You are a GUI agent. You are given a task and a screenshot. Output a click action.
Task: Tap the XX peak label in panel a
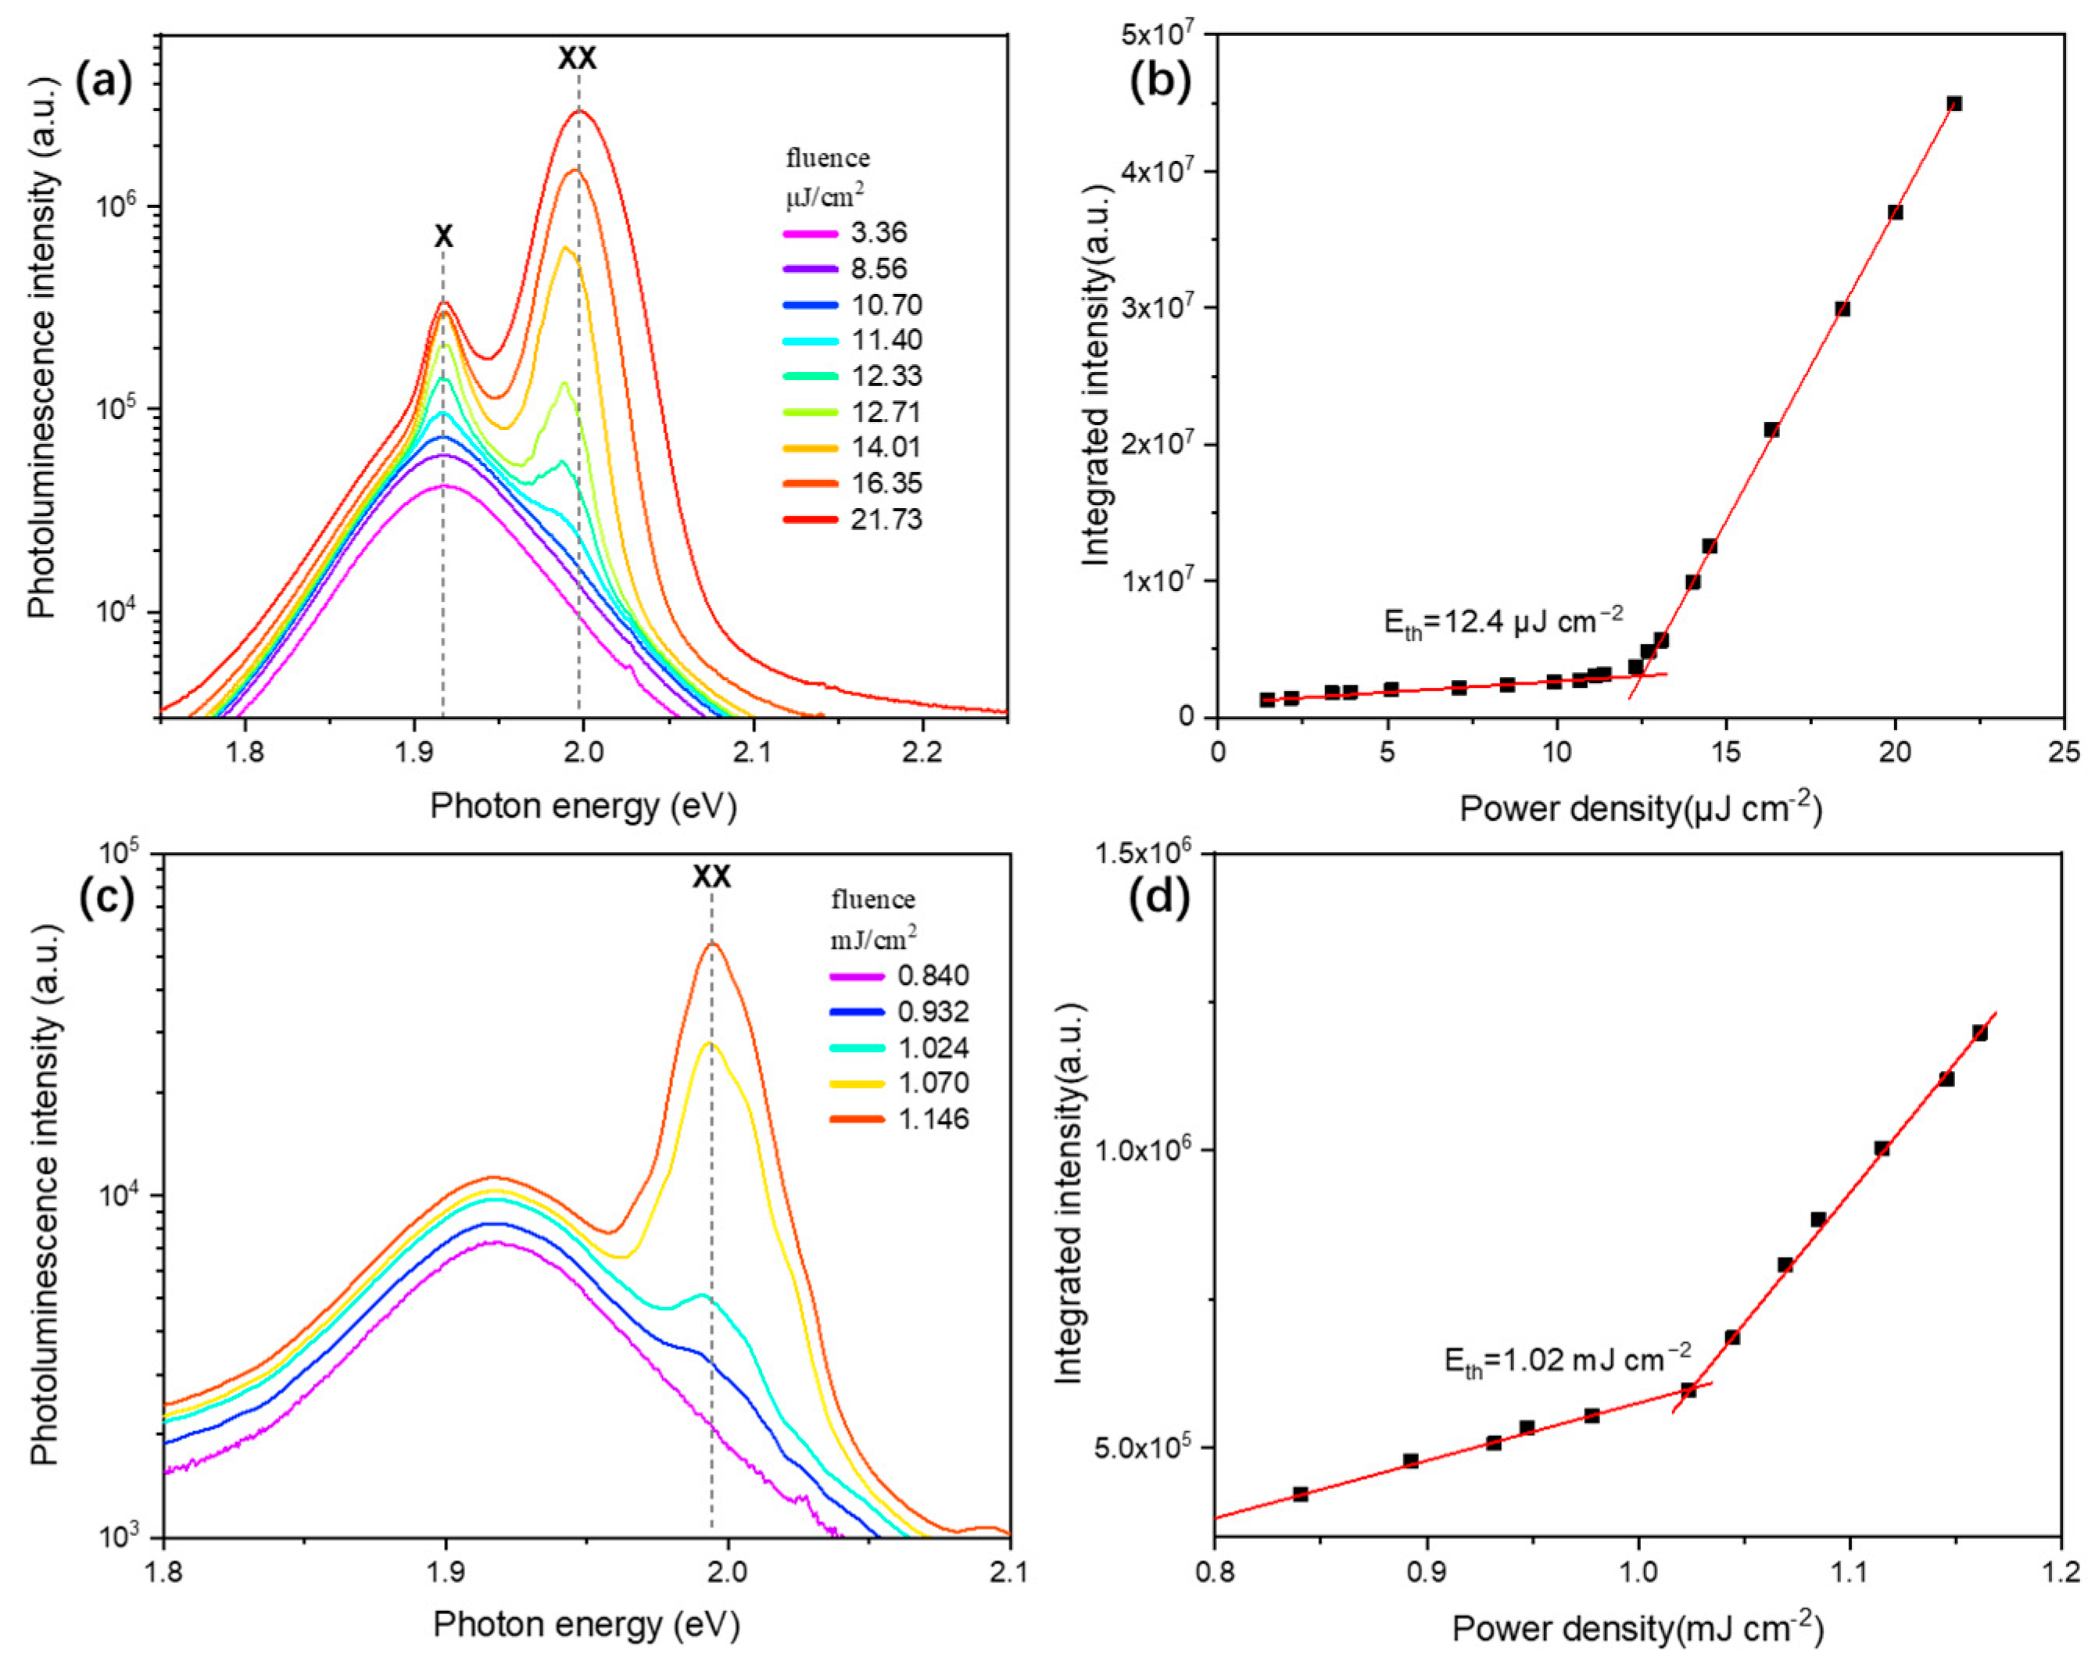[577, 59]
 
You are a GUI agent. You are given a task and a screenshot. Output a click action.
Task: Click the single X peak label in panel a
[443, 236]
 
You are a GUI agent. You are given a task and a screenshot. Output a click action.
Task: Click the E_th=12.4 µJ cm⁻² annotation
[1503, 621]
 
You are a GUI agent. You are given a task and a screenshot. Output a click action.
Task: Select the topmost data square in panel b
[1954, 104]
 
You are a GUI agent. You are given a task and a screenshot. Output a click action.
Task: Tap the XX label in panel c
[711, 877]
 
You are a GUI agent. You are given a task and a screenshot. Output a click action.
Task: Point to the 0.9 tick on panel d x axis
[1427, 1572]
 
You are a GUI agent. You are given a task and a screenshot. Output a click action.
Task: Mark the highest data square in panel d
[1979, 1033]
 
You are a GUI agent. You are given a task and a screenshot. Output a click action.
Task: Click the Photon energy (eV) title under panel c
[586, 1624]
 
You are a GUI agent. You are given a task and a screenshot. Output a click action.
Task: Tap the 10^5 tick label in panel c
[120, 853]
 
